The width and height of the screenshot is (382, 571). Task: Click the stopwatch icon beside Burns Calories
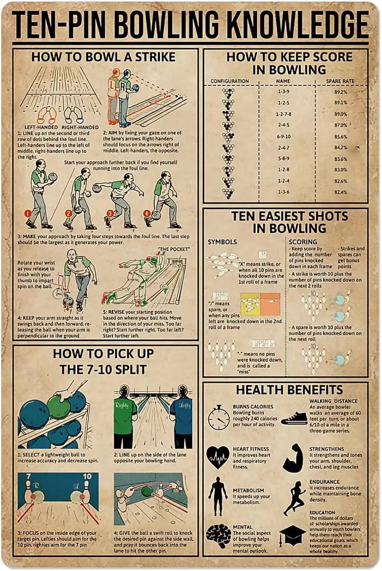point(218,418)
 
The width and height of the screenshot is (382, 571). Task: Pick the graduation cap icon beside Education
point(292,536)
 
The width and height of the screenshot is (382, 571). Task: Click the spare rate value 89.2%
point(341,92)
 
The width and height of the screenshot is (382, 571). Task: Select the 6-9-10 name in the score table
point(283,136)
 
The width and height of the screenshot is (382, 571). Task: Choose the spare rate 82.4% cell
point(341,192)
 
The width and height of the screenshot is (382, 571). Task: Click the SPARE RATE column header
point(340,81)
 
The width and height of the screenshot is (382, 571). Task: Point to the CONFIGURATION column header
point(229,81)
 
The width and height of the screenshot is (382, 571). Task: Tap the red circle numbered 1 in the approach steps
point(28,214)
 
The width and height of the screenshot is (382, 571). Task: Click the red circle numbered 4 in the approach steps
point(147,213)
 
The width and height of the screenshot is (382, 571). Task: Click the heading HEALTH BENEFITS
point(289,390)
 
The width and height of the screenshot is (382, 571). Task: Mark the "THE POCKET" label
point(174,249)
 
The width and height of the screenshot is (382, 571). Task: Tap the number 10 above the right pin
point(87,476)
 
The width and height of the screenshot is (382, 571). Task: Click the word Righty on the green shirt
point(122,405)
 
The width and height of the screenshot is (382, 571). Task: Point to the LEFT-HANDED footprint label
point(41,127)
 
